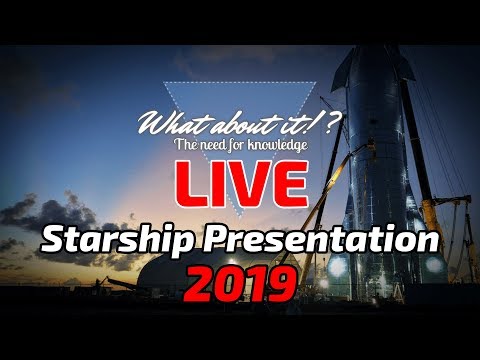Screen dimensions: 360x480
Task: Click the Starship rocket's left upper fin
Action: [x=346, y=75]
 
